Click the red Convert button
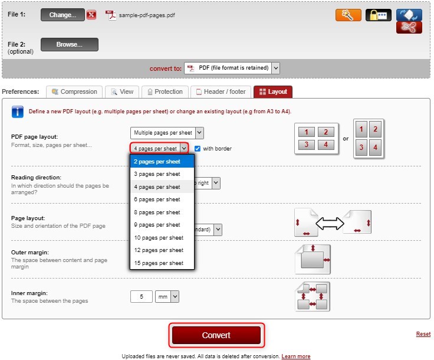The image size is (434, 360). click(216, 335)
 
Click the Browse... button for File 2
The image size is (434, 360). click(69, 44)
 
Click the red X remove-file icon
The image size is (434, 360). click(91, 15)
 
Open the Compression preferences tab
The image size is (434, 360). click(74, 91)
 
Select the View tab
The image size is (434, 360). click(122, 91)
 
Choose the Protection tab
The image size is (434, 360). click(165, 91)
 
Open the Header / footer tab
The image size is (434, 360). click(221, 91)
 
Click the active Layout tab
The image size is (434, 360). click(273, 91)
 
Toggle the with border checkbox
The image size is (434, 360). click(198, 149)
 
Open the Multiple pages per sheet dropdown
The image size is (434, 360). click(167, 133)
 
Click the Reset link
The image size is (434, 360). click(423, 334)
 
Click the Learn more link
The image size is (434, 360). click(295, 356)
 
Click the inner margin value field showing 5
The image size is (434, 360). click(141, 297)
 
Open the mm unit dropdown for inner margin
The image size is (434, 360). click(167, 297)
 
